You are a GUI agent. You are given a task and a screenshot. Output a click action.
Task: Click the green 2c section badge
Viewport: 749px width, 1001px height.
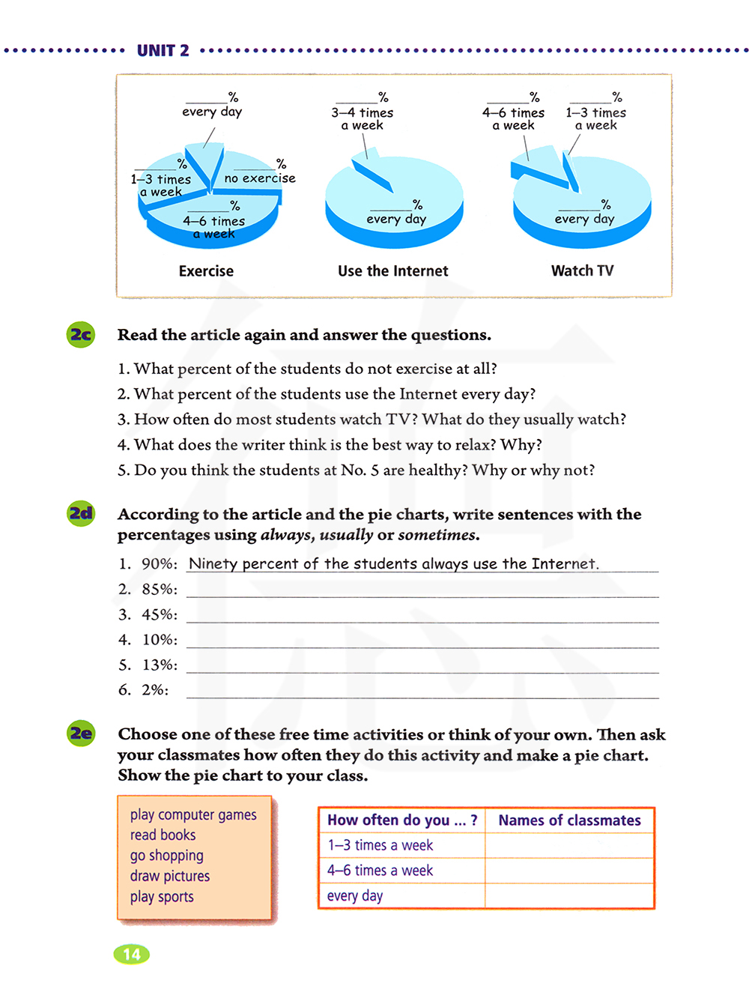click(x=80, y=334)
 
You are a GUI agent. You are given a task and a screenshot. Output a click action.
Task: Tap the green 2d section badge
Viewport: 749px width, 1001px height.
click(x=81, y=513)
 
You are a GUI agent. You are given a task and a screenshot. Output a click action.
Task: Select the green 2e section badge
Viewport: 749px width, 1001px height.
click(x=81, y=733)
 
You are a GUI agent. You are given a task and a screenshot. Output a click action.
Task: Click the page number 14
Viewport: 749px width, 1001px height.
click(x=132, y=954)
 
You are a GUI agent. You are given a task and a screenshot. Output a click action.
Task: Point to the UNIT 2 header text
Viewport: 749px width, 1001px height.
click(x=163, y=51)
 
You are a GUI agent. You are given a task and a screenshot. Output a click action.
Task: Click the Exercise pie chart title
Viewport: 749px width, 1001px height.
click(x=206, y=271)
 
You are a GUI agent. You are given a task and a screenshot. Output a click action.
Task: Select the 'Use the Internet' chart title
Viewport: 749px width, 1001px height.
click(x=392, y=271)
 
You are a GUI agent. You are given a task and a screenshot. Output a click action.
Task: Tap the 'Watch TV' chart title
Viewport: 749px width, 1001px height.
click(x=582, y=271)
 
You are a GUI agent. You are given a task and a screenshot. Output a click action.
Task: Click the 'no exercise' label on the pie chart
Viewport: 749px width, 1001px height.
click(x=260, y=178)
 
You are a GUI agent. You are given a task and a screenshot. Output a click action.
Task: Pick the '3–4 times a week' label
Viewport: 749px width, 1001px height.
click(x=363, y=118)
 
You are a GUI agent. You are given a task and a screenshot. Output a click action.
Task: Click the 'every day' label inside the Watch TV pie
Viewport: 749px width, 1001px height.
click(x=584, y=219)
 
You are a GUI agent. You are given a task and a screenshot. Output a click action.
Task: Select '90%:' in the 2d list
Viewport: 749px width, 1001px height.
click(x=160, y=564)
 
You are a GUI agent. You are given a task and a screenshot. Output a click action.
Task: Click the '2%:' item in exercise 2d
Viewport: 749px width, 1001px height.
click(x=155, y=690)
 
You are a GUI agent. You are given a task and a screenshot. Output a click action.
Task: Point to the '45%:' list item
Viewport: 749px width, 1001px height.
click(x=160, y=614)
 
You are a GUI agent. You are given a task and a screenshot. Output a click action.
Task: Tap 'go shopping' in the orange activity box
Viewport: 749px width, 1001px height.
click(x=167, y=856)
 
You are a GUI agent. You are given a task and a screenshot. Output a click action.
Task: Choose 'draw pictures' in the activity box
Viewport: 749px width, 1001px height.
click(x=170, y=876)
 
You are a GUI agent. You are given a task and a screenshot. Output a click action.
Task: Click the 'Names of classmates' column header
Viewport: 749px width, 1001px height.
click(x=569, y=820)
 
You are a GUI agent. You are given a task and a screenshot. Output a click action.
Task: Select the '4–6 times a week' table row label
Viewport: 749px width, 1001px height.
click(x=380, y=871)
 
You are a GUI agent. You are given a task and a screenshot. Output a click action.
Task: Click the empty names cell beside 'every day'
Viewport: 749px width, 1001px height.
click(x=569, y=896)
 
